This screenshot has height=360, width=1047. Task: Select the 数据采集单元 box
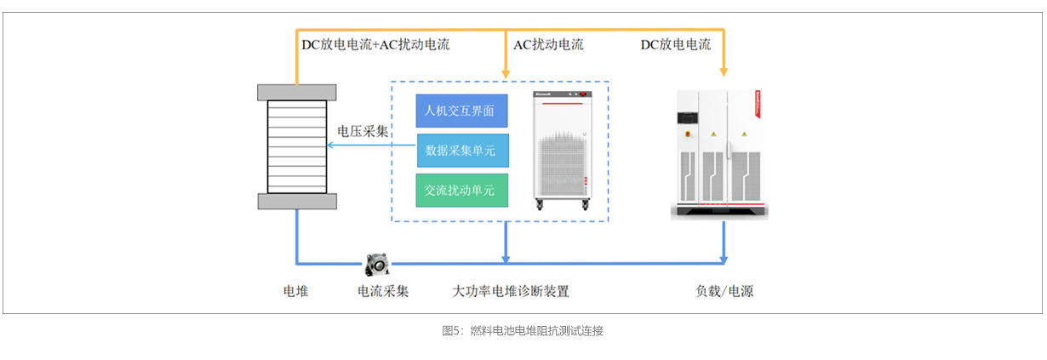pyautogui.click(x=461, y=151)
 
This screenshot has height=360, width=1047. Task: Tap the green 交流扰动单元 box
pyautogui.click(x=461, y=191)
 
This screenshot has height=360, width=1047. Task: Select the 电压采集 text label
pyautogui.click(x=363, y=131)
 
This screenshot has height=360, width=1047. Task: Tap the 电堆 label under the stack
pyautogui.click(x=295, y=291)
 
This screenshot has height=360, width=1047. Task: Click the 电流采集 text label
pyautogui.click(x=383, y=291)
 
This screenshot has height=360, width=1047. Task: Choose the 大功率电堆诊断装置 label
pyautogui.click(x=511, y=291)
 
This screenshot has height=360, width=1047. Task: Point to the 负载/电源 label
pyautogui.click(x=724, y=291)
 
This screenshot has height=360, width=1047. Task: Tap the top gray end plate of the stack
pyautogui.click(x=296, y=92)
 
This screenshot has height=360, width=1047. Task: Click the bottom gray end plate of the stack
pyautogui.click(x=296, y=201)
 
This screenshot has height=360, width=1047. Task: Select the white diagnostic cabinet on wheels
pyautogui.click(x=562, y=149)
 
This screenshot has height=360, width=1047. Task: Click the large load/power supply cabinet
pyautogui.click(x=722, y=153)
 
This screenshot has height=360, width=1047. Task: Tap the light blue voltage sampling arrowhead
pyautogui.click(x=332, y=146)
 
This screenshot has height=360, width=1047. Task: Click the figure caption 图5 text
pyautogui.click(x=523, y=331)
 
